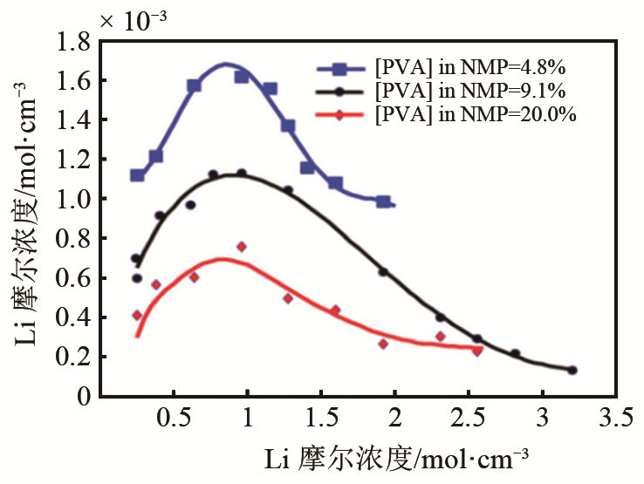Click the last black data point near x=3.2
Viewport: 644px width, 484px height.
click(572, 371)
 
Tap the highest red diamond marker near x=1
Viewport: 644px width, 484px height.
click(242, 247)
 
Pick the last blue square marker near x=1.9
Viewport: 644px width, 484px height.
click(383, 201)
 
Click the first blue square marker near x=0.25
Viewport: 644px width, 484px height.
click(137, 175)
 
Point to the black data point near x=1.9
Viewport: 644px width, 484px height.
click(382, 272)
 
